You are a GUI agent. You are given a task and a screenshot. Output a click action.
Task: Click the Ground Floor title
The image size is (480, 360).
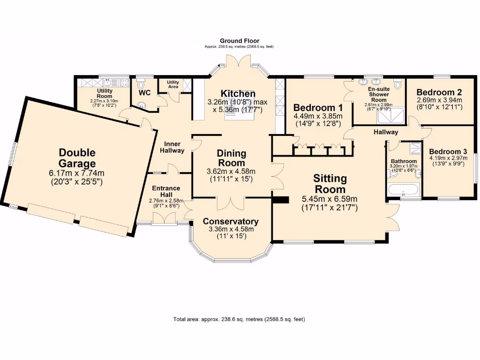pos(240,41)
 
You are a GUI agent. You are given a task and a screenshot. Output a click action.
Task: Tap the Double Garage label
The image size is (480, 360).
pos(77,157)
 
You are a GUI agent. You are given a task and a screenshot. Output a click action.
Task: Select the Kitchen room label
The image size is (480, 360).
pos(238,94)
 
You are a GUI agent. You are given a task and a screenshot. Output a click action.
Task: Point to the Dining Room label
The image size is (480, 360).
pos(231,157)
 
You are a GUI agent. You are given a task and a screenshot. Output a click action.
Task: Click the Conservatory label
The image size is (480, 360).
pos(231,221)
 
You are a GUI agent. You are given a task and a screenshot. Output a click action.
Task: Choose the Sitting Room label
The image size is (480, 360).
pos(330,183)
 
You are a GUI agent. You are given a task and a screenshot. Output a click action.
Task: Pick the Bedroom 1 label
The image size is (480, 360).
pos(318,108)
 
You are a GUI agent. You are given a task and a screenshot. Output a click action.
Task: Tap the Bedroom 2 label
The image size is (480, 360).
pos(439,92)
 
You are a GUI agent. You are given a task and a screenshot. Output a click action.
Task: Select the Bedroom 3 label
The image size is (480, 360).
pos(448,151)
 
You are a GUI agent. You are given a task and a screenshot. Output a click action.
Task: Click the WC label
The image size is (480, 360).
pos(144,93)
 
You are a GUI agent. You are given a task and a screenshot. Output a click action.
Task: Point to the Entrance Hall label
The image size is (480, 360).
pos(166,191)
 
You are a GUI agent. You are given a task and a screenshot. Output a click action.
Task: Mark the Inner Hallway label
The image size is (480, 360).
pos(172,147)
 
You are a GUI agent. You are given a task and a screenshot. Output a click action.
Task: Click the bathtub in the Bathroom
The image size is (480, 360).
pos(404,189)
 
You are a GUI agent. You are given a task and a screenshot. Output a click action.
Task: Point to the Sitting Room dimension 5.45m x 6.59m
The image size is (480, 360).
pos(330,199)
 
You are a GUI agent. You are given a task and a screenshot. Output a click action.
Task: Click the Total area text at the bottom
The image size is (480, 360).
pos(239,319)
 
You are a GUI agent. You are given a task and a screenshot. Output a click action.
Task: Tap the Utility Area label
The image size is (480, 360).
pos(173,84)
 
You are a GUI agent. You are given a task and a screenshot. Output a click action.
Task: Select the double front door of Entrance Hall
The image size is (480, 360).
pos(164,218)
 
